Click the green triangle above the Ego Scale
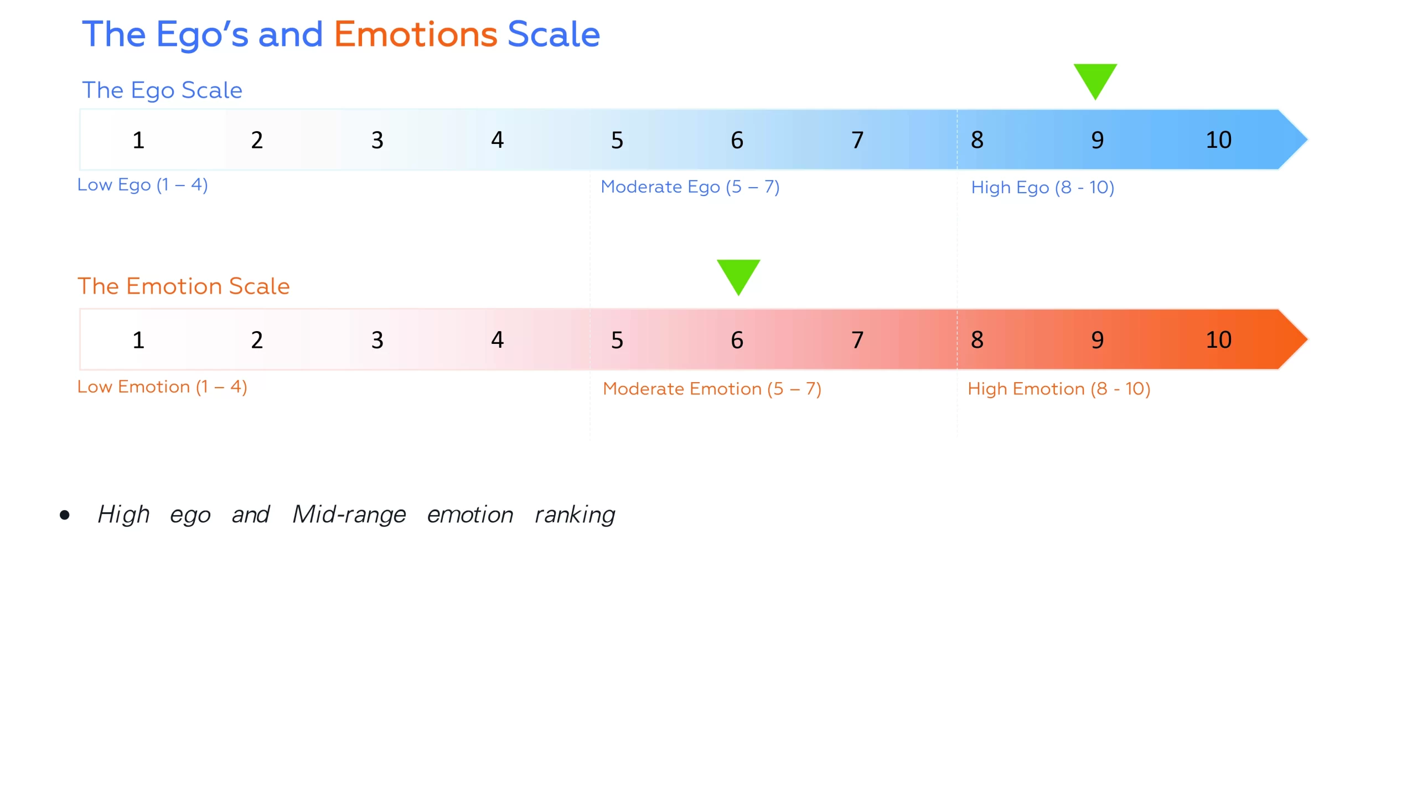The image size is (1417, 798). click(1095, 79)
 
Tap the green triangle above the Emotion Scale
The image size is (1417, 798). click(738, 275)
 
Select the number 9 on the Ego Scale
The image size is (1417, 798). click(1097, 140)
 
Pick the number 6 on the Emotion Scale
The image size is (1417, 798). click(737, 340)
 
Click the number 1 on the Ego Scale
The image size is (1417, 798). click(138, 140)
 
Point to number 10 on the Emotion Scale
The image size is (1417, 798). click(1218, 340)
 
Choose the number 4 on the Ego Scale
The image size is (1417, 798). click(497, 140)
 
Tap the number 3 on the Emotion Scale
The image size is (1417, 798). click(377, 340)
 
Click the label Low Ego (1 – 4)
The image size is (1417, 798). click(142, 185)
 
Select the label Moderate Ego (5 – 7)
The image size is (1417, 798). click(690, 187)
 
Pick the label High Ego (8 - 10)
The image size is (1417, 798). click(1042, 188)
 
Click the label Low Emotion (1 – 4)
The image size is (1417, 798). click(162, 387)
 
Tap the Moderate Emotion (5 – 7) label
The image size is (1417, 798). click(712, 389)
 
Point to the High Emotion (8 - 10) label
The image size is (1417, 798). click(1058, 389)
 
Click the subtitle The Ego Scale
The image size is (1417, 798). click(162, 90)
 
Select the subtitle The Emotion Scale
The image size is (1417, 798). click(183, 286)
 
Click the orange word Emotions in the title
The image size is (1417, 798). click(415, 34)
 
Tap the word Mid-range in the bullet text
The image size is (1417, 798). click(349, 514)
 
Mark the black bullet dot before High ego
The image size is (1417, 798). click(65, 515)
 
